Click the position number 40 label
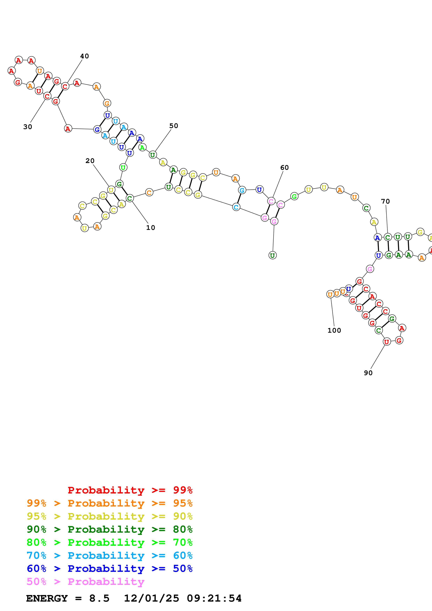coord(84,56)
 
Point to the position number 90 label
coord(368,373)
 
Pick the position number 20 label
coord(90,161)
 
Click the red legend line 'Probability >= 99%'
coord(130,490)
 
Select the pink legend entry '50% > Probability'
coord(85,581)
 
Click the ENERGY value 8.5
coord(99,598)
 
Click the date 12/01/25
coord(151,598)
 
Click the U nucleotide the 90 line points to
coord(387,342)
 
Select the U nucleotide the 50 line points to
coord(152,155)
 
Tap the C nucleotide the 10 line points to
coord(130,198)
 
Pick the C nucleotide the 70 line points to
coord(388,237)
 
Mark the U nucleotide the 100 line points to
coord(330,294)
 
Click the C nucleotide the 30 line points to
coord(47,96)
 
